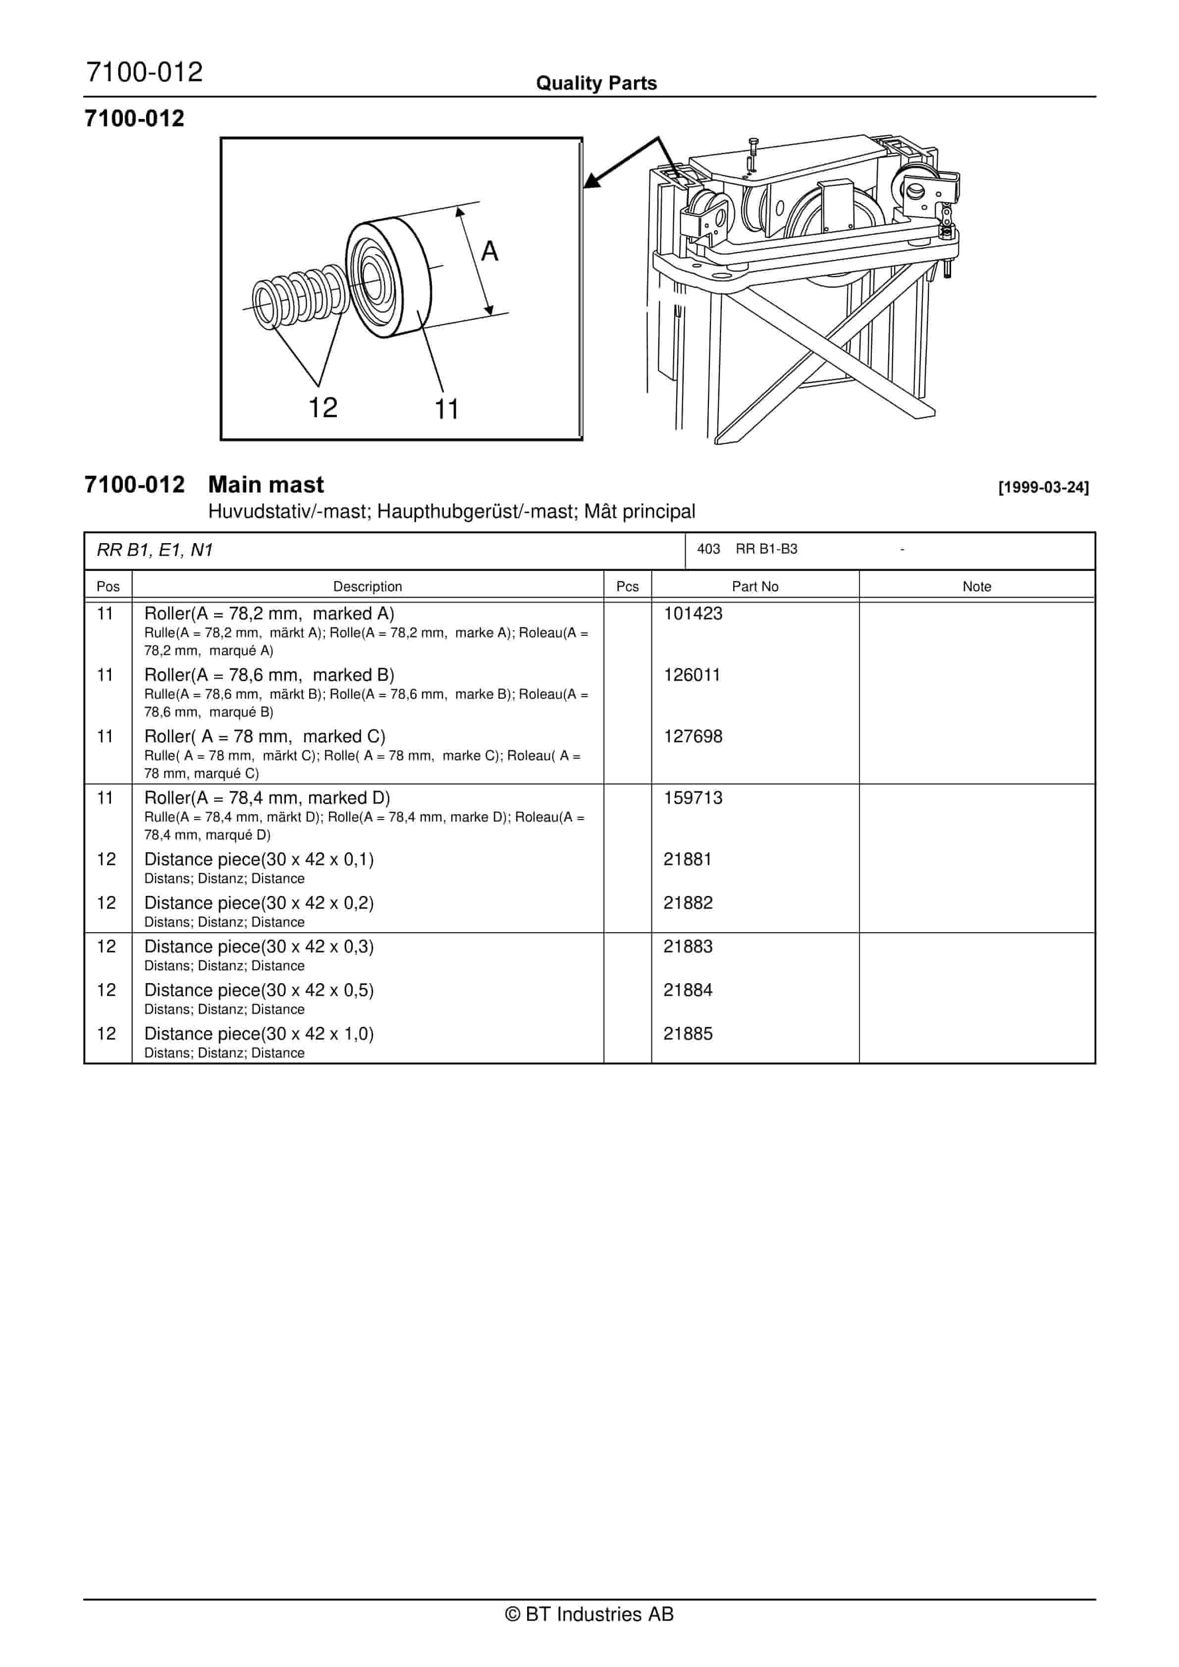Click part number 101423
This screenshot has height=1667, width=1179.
693,613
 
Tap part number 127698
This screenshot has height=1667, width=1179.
693,736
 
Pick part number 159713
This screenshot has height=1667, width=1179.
693,798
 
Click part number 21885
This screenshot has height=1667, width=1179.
688,1034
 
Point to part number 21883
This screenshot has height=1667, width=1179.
688,947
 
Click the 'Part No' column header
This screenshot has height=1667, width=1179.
754,587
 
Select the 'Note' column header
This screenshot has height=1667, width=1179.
976,587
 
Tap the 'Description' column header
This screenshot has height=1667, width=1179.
368,587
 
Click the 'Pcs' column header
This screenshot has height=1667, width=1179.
627,587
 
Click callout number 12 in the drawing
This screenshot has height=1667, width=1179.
323,407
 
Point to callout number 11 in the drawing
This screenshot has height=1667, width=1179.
446,409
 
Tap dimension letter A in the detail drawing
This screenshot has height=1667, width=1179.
490,251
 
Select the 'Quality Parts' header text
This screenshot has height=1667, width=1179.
596,83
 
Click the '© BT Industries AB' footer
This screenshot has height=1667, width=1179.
589,1614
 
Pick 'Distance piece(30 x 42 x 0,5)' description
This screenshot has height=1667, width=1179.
259,990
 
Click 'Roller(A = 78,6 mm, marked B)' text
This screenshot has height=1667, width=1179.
269,675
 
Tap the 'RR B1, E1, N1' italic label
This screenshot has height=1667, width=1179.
155,551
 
